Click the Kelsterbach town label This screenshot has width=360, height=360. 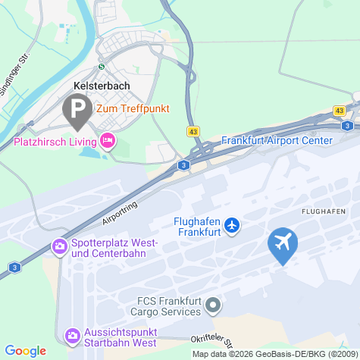click(102, 86)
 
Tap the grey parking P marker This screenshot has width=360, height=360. click(77, 111)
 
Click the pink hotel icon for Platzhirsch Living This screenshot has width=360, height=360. click(108, 140)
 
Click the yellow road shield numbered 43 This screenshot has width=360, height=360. click(193, 132)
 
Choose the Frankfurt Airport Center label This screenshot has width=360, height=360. click(277, 140)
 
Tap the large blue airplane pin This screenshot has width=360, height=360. click(283, 244)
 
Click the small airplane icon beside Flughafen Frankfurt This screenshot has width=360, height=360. click(232, 225)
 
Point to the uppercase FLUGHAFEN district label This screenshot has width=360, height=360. click(323, 211)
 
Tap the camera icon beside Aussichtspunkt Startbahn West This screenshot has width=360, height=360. click(73, 334)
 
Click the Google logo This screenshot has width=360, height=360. click(26, 351)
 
